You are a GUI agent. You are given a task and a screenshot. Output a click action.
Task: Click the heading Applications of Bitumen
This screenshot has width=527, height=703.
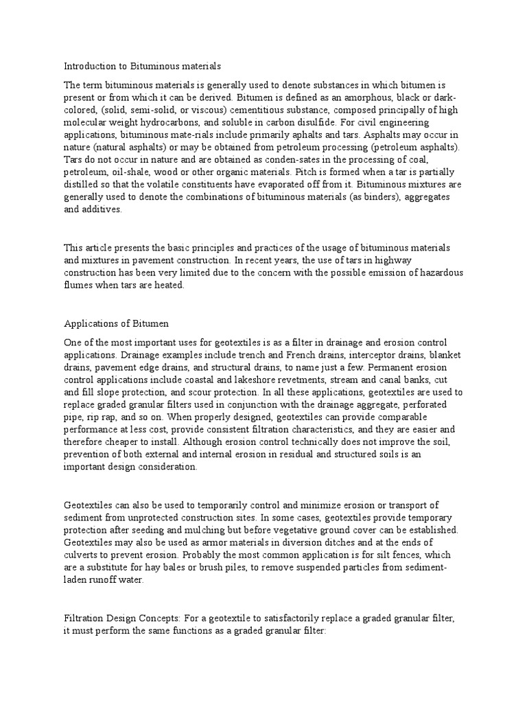(x=116, y=322)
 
